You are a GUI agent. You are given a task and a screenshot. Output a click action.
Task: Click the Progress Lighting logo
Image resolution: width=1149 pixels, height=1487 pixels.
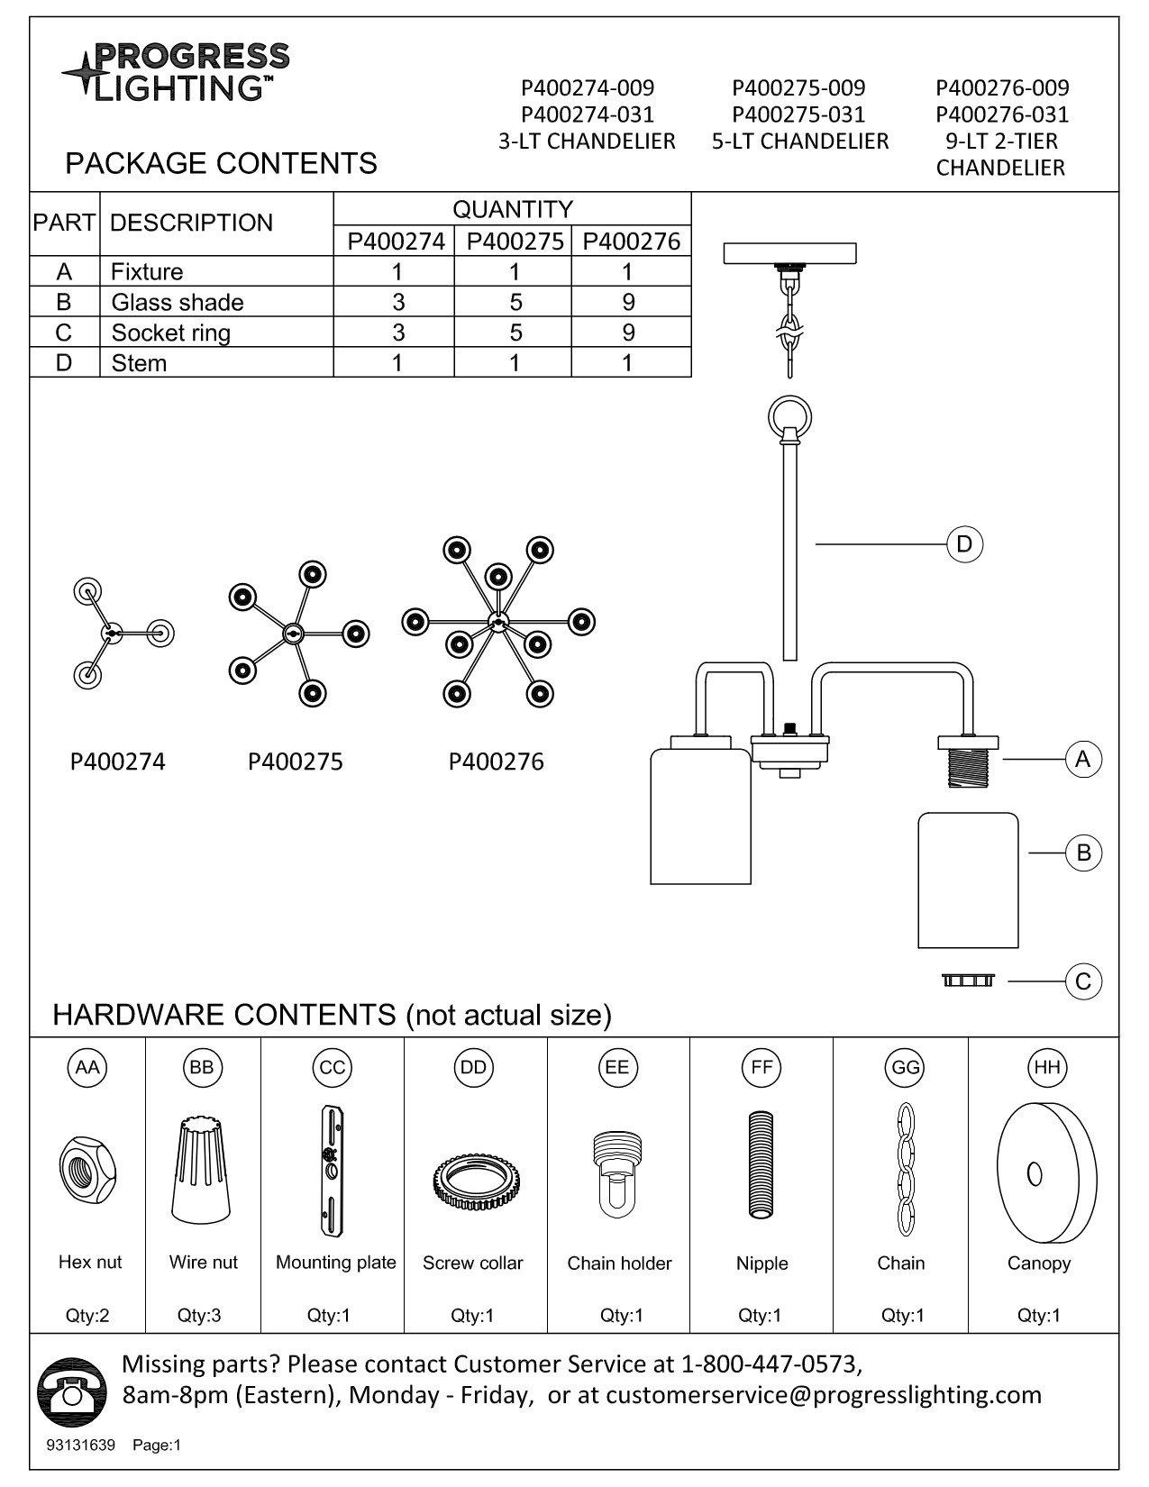pyautogui.click(x=175, y=71)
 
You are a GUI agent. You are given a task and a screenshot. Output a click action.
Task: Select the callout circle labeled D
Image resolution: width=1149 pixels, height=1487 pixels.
pyautogui.click(x=964, y=543)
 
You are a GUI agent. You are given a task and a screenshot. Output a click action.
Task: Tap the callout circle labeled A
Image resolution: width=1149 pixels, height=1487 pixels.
pyautogui.click(x=1082, y=759)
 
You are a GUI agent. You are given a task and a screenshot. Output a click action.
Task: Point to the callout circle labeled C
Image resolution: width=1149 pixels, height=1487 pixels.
pyautogui.click(x=1083, y=981)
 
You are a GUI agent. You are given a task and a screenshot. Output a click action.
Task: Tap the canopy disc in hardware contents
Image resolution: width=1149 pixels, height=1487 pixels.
pyautogui.click(x=1045, y=1174)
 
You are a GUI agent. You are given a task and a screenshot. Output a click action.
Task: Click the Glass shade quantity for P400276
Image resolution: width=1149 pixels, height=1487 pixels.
pyautogui.click(x=628, y=302)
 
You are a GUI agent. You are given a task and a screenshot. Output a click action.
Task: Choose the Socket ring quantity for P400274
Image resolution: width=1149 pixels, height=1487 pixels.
pyautogui.click(x=397, y=333)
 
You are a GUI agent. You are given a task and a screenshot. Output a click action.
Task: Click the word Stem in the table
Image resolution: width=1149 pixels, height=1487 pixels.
pyautogui.click(x=139, y=363)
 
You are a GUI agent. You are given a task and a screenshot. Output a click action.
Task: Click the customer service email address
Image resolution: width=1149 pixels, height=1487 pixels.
pyautogui.click(x=823, y=1395)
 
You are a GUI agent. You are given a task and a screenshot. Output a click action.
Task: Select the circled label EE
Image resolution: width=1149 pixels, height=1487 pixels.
pyautogui.click(x=616, y=1067)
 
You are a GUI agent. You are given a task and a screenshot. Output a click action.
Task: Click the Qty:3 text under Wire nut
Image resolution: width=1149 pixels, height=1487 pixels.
pyautogui.click(x=199, y=1315)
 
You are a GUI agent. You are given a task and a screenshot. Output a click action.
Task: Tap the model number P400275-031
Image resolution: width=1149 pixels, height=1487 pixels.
pyautogui.click(x=798, y=114)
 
